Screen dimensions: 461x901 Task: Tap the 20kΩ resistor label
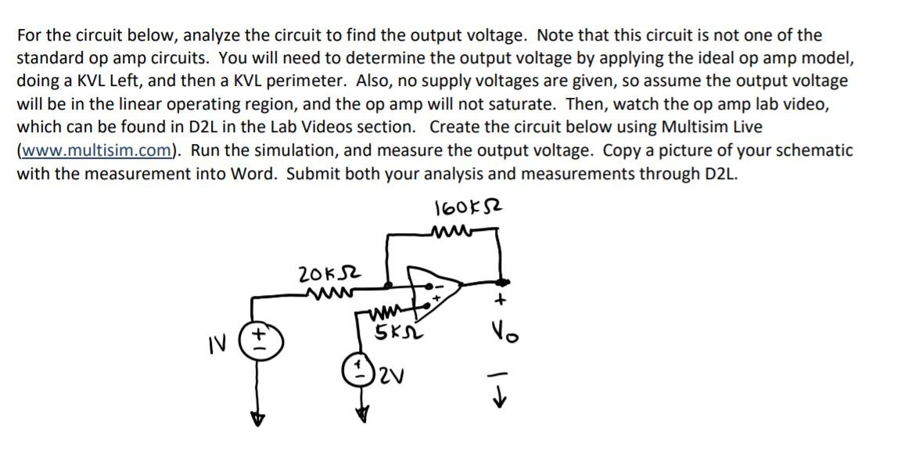(x=320, y=275)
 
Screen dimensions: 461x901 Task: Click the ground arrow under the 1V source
(x=253, y=420)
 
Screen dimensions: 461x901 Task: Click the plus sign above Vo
(x=505, y=300)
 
